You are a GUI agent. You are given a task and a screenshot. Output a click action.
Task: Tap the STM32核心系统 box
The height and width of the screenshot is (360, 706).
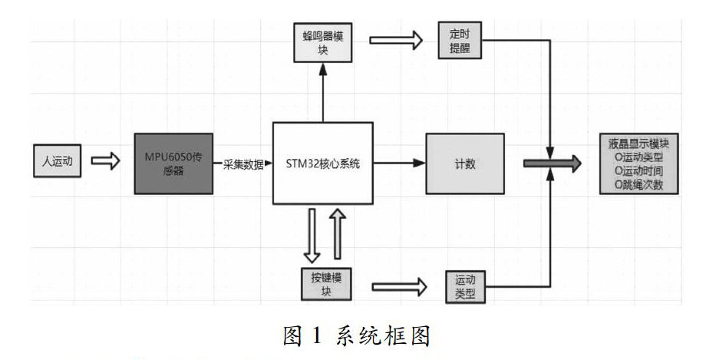[323, 163]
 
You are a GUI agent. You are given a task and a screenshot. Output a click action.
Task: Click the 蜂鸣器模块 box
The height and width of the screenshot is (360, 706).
[323, 43]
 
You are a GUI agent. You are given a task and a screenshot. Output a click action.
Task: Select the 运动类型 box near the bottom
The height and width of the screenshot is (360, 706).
[465, 286]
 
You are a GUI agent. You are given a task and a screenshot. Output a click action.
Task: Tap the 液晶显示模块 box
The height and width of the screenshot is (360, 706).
[640, 163]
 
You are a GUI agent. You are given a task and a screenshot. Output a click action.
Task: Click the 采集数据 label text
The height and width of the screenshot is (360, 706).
[243, 163]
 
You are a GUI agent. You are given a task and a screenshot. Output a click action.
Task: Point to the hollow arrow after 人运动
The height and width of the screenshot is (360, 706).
[106, 161]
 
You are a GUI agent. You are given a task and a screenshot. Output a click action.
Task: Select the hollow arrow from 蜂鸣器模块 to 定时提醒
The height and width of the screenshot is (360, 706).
[395, 41]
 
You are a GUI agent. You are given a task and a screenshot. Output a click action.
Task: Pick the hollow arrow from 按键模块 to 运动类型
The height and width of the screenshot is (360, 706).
[400, 286]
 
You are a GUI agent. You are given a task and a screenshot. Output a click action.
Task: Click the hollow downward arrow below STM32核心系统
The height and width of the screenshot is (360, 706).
[312, 233]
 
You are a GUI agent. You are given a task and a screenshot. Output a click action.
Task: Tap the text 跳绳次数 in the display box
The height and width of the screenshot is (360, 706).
[643, 184]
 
